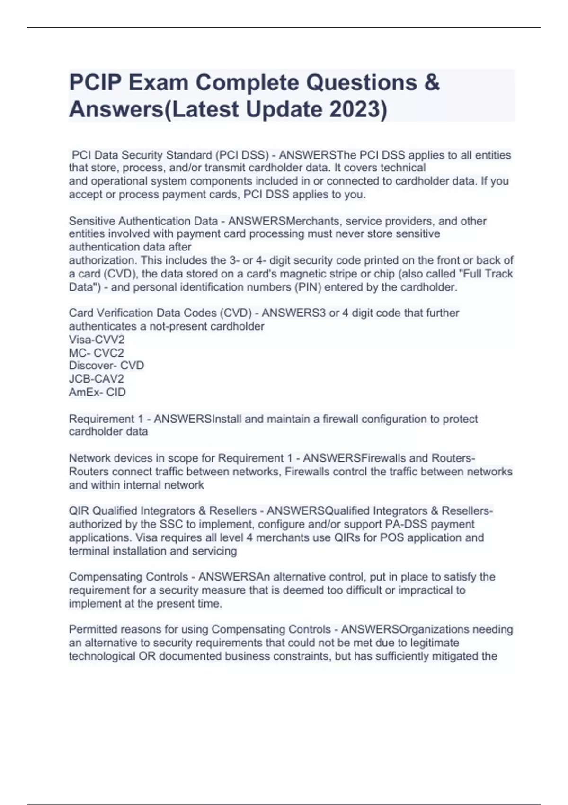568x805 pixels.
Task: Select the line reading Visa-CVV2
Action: pyautogui.click(x=97, y=340)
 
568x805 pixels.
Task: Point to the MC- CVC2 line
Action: pyautogui.click(x=96, y=353)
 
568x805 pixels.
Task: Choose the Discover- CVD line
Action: pyautogui.click(x=106, y=366)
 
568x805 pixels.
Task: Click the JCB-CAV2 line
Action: pyautogui.click(x=96, y=379)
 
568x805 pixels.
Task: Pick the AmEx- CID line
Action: pyautogui.click(x=97, y=392)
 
